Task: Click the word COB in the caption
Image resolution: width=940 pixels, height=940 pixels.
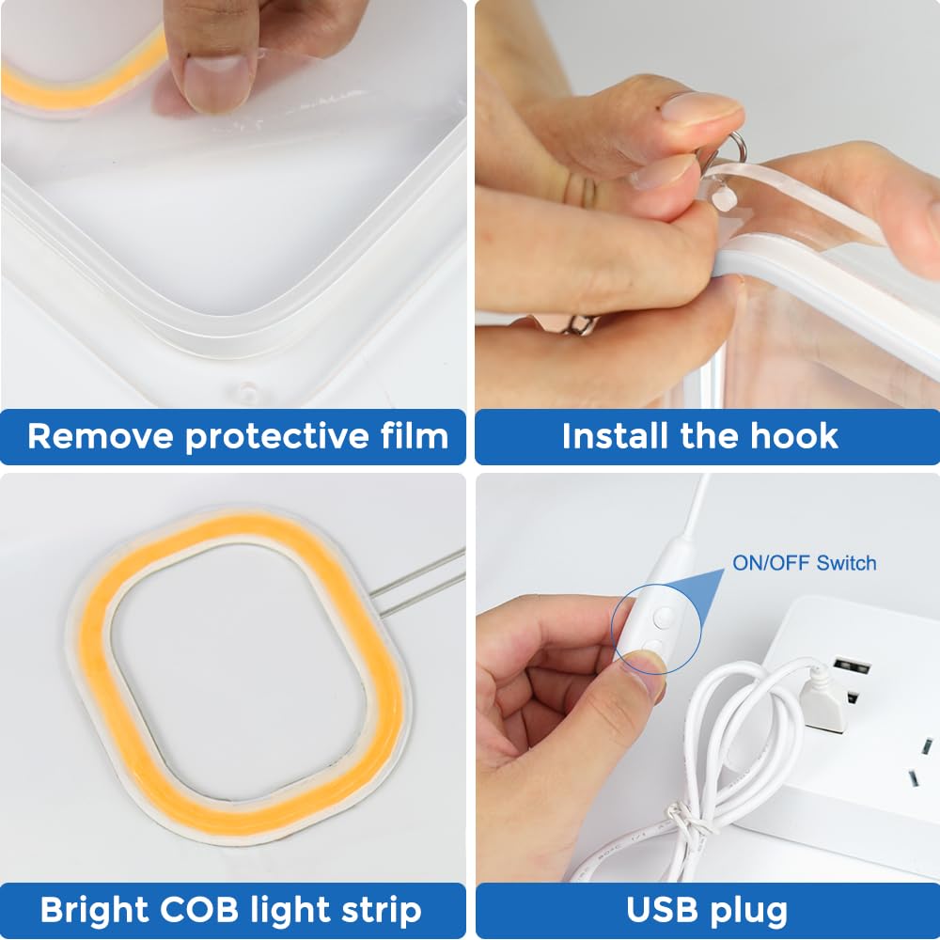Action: (x=199, y=910)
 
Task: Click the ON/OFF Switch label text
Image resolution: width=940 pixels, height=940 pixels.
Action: (x=804, y=563)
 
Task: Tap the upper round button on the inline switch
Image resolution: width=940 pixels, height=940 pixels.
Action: (x=663, y=617)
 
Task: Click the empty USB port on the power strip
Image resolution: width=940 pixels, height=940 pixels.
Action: (x=852, y=666)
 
